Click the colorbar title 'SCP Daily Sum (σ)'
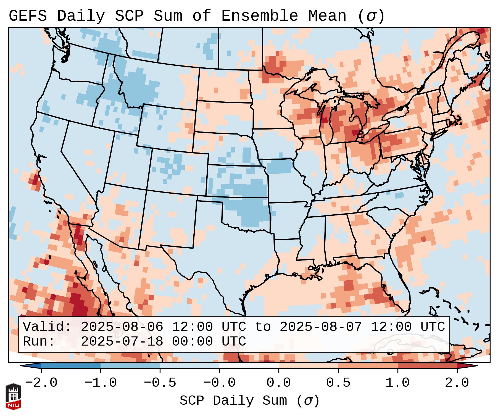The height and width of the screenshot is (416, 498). point(249,401)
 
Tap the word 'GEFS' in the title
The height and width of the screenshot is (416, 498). point(28,16)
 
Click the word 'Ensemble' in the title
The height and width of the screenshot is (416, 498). point(260,16)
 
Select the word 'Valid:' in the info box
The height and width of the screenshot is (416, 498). point(47,327)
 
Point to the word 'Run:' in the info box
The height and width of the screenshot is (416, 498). point(39,342)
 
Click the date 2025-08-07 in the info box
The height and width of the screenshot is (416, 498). point(321,327)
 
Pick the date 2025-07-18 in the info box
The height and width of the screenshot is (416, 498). point(122,342)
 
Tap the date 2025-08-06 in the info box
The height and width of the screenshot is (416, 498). point(122,327)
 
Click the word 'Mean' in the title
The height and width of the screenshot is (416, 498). point(327,16)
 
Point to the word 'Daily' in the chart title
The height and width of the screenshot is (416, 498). point(81,16)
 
